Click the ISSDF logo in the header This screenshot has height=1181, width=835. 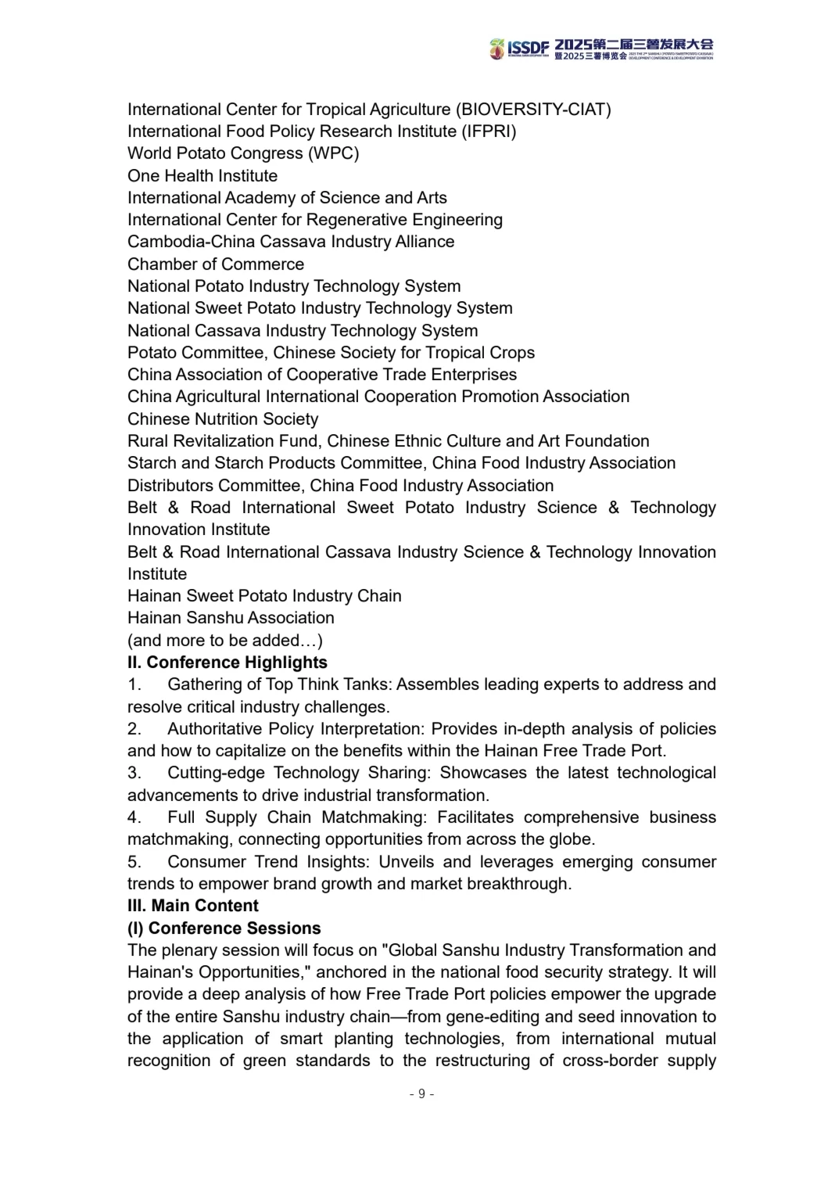521,48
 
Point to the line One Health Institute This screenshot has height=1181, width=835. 202,176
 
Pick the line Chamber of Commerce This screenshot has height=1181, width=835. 216,264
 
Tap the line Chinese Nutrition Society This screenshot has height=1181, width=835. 223,419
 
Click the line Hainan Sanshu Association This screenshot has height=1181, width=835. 231,618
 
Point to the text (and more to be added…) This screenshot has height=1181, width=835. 225,641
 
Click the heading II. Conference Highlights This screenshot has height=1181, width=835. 228,662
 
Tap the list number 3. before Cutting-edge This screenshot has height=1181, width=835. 134,774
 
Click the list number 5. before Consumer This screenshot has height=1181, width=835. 134,862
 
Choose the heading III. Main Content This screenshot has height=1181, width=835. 193,906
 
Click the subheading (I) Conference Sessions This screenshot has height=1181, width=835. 224,928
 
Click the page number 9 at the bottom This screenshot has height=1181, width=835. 421,1093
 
